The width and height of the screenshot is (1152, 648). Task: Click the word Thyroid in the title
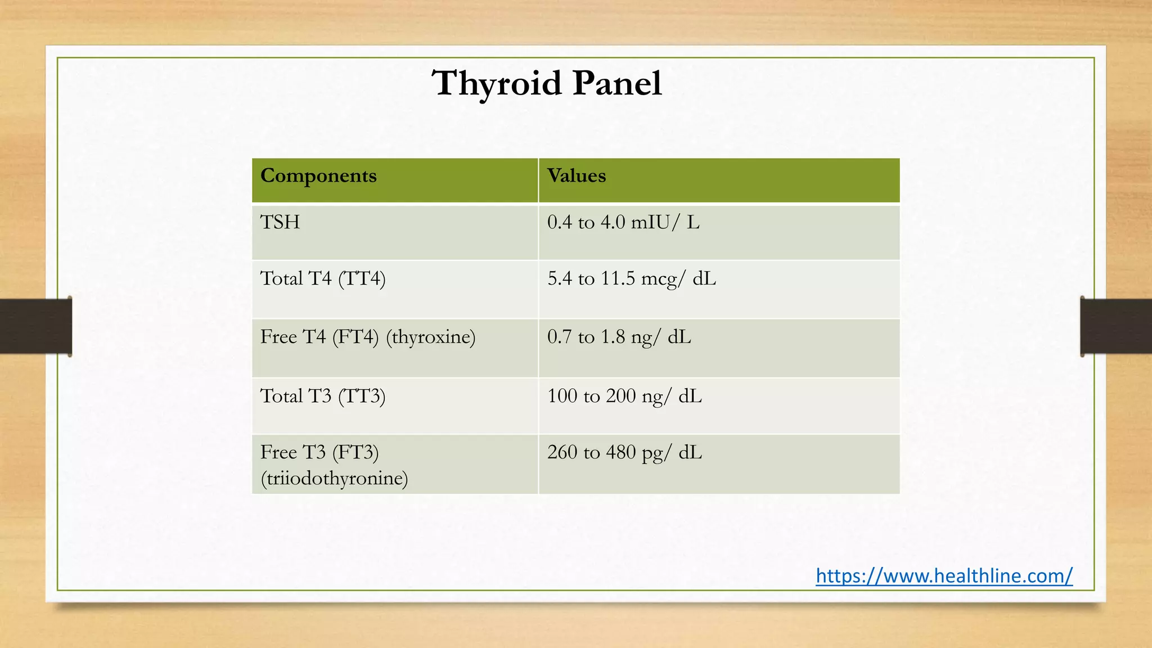click(x=497, y=84)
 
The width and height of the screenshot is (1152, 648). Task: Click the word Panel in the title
click(x=617, y=84)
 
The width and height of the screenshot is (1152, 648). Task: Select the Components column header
click(x=318, y=176)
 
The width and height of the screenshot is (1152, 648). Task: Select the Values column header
click(x=577, y=176)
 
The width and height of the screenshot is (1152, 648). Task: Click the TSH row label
click(x=280, y=222)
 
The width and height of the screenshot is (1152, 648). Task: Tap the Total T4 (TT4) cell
click(x=323, y=279)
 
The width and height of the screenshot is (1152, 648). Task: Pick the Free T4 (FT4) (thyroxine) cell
click(x=367, y=337)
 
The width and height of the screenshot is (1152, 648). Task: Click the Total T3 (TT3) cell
click(x=323, y=396)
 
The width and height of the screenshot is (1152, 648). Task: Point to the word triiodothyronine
click(x=334, y=479)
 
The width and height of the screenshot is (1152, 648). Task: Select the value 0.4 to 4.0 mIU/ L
click(x=623, y=223)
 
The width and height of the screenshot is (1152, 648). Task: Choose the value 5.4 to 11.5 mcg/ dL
click(x=632, y=279)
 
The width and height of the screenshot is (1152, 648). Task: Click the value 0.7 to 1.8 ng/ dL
click(x=619, y=337)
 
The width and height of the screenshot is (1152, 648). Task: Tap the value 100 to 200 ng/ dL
click(x=624, y=397)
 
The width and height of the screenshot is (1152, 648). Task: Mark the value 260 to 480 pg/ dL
click(x=624, y=453)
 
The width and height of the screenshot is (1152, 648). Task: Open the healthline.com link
click(x=944, y=575)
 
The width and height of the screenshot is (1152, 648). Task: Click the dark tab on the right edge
click(x=1116, y=326)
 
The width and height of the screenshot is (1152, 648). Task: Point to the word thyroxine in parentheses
click(x=431, y=337)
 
